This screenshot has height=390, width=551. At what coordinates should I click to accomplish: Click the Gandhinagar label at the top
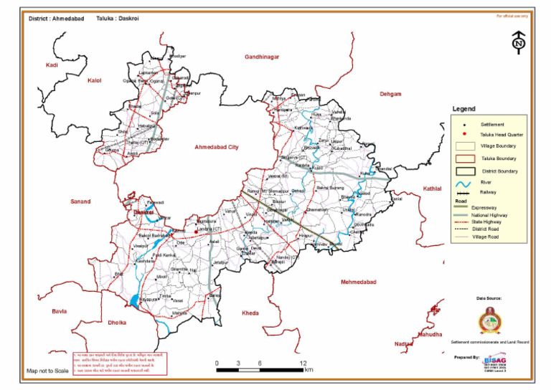[x=261, y=57]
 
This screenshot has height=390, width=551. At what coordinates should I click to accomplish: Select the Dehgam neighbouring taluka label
[x=390, y=94]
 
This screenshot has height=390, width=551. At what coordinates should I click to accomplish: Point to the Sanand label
[x=80, y=202]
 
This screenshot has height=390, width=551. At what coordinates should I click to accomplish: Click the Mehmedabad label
[x=359, y=282]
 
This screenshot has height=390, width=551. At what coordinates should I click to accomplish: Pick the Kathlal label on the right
[x=433, y=189]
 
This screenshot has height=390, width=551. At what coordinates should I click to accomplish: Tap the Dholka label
[x=116, y=323]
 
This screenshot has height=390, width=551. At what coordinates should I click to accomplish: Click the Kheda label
[x=250, y=313]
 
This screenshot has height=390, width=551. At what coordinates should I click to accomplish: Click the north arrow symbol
[x=517, y=42]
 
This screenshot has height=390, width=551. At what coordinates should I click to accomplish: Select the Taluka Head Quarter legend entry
[x=501, y=134]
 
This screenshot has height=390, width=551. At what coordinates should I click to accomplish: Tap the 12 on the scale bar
[x=303, y=363]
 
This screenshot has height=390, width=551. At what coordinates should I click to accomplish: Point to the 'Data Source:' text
[x=489, y=298]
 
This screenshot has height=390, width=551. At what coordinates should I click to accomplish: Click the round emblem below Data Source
[x=489, y=320]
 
